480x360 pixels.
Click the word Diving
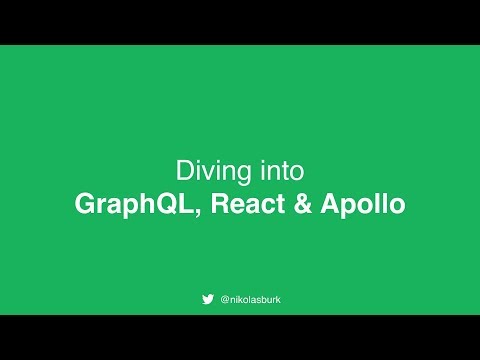[207, 168]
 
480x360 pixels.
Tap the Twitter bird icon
[208, 298]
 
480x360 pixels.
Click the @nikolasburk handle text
[252, 298]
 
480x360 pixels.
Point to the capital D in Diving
[183, 168]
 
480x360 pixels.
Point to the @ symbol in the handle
[224, 298]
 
